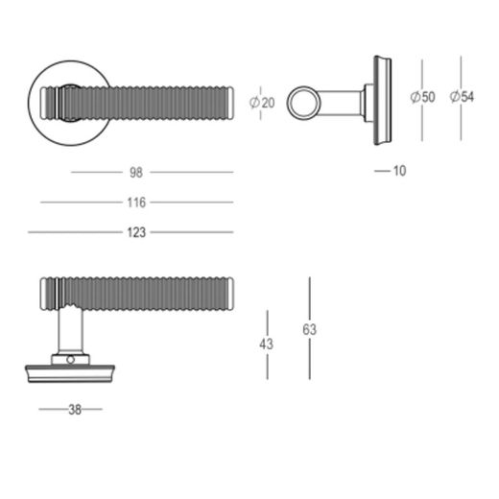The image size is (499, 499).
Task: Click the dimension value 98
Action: pyautogui.click(x=135, y=173)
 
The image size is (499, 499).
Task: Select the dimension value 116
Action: pyautogui.click(x=135, y=202)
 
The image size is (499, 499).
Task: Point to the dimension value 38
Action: pyautogui.click(x=74, y=410)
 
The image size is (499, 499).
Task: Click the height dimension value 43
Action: pyautogui.click(x=267, y=344)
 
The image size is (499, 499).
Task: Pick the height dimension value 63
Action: pyautogui.click(x=309, y=329)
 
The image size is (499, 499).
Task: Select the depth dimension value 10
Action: pyautogui.click(x=399, y=171)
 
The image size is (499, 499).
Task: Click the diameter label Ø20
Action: pyautogui.click(x=262, y=103)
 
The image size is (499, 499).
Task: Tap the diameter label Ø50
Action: pyautogui.click(x=422, y=97)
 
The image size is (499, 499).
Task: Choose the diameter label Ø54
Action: pyautogui.click(x=462, y=97)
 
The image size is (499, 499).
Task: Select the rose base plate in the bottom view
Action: pyautogui.click(x=73, y=372)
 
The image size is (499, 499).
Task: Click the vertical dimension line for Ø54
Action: pyautogui.click(x=462, y=67)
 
